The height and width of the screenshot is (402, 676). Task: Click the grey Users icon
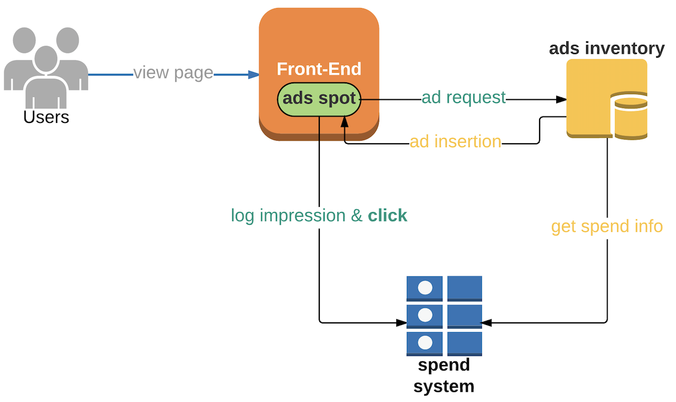(x=46, y=67)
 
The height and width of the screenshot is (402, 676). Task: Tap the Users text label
(x=46, y=117)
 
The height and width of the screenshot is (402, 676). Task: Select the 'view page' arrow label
(x=173, y=73)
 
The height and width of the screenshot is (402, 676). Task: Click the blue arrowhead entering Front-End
(x=253, y=75)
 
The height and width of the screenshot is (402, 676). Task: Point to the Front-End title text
(x=319, y=69)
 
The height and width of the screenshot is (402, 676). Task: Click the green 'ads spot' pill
(x=319, y=99)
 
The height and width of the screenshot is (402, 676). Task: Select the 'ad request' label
(x=463, y=98)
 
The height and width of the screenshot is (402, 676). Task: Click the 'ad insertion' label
(x=456, y=142)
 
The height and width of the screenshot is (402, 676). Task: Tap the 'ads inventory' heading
(x=606, y=49)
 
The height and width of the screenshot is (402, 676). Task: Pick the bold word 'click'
(x=387, y=215)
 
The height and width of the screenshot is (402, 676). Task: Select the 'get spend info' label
(x=606, y=227)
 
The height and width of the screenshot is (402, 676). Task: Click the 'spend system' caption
(x=444, y=376)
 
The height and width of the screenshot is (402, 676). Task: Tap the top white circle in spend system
(x=425, y=288)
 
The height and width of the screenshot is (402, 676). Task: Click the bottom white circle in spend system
(x=425, y=343)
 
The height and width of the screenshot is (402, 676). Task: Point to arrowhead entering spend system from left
(x=401, y=323)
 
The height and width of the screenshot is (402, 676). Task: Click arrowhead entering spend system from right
(x=487, y=323)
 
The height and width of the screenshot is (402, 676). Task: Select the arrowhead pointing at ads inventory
(x=561, y=99)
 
